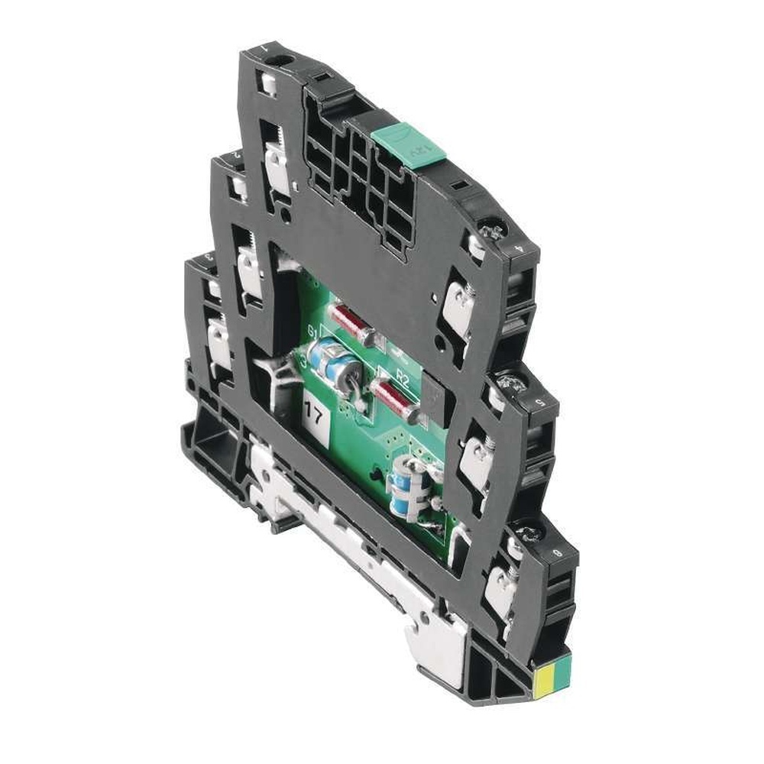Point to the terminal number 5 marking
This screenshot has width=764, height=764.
(x=540, y=400)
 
